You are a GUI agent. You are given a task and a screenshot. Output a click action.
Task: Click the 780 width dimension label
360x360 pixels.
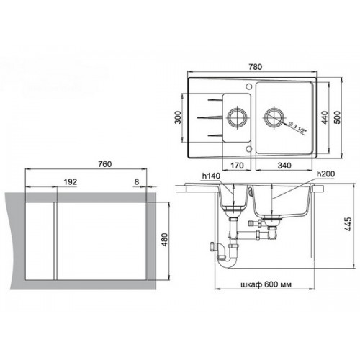[x=255, y=67]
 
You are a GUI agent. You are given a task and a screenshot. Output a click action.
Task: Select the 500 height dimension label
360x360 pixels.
[x=337, y=117]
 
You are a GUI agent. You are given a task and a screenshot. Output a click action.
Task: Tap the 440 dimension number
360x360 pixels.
[x=325, y=117]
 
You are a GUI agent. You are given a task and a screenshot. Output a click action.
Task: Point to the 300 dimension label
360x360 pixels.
[x=178, y=117]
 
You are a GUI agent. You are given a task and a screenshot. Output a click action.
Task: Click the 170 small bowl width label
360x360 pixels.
[x=237, y=166]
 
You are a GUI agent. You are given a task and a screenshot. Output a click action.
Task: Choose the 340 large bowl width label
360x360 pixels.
[x=284, y=166]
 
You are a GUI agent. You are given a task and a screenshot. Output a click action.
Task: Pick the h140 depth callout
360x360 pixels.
[x=211, y=176]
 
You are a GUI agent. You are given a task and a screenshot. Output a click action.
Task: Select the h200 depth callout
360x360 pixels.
[x=325, y=174]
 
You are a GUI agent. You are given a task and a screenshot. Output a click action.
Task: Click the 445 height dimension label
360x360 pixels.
[x=348, y=224]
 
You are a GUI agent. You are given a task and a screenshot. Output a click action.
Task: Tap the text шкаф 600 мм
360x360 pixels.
[x=266, y=284]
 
